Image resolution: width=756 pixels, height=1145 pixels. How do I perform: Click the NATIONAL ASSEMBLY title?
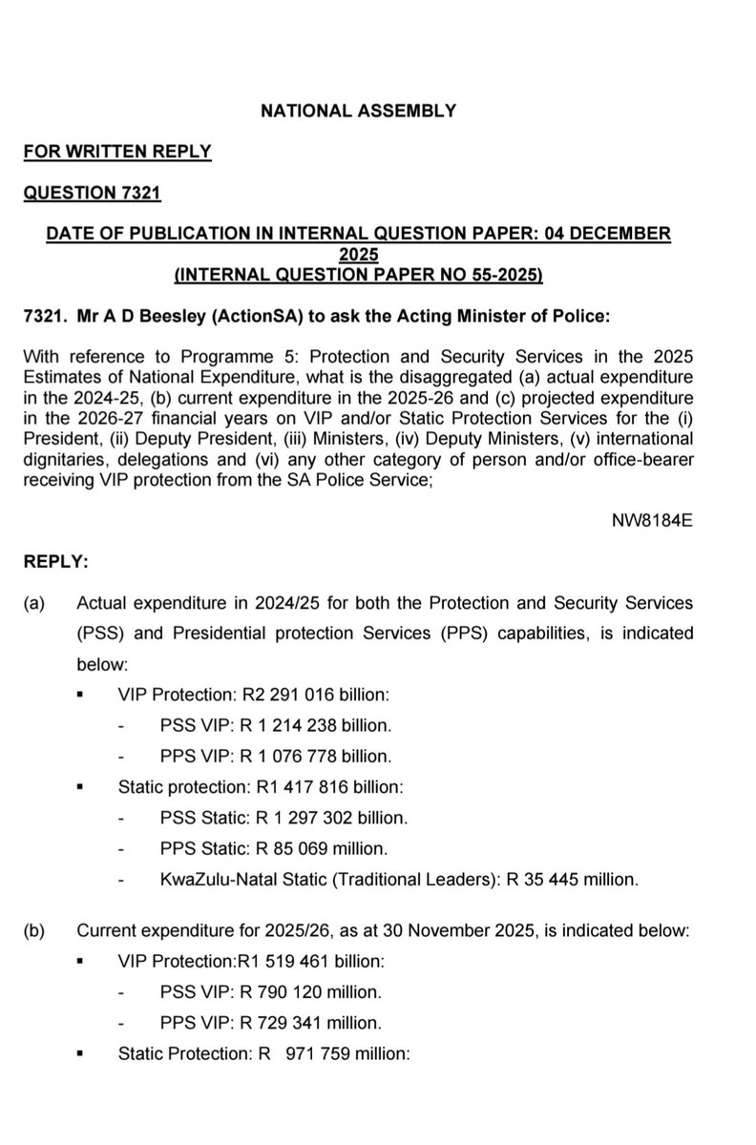[358, 111]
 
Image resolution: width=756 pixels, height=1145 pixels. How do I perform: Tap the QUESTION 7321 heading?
[92, 194]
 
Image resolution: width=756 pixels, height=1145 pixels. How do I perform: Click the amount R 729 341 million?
[299, 1022]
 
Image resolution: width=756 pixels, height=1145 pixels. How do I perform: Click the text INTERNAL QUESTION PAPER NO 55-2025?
[358, 276]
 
